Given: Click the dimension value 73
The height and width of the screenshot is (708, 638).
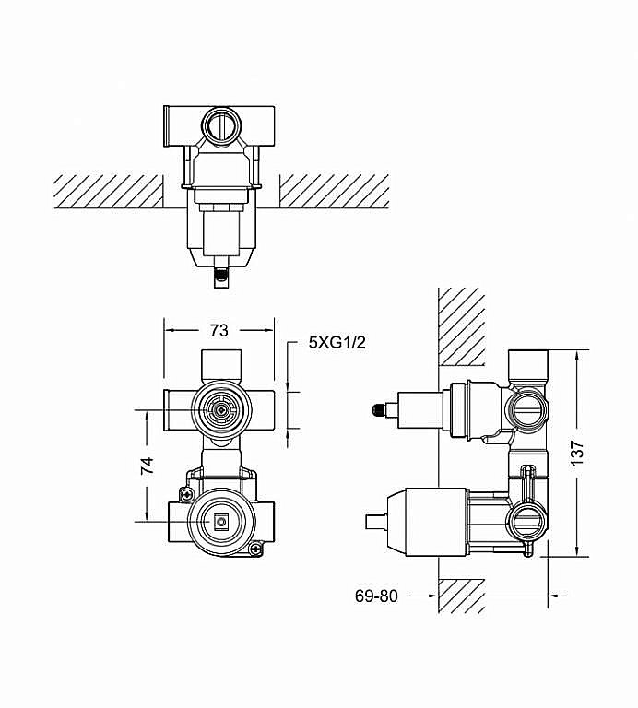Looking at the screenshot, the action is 219,331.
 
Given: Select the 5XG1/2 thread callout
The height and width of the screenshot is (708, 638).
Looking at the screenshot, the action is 337,343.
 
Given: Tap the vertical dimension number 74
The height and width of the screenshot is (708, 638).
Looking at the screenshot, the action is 148,466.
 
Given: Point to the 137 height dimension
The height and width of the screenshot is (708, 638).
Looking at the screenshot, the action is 576,453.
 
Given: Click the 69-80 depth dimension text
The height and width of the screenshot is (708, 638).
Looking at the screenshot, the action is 376,596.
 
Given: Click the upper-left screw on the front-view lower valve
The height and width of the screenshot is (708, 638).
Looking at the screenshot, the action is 186,494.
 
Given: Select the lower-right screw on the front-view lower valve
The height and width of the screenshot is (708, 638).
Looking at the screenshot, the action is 255,549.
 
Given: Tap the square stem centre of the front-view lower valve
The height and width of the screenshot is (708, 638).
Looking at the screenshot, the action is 220,522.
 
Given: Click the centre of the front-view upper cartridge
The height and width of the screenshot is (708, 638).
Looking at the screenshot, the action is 220,410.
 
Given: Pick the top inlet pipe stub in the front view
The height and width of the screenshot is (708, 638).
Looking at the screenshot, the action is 220,366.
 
